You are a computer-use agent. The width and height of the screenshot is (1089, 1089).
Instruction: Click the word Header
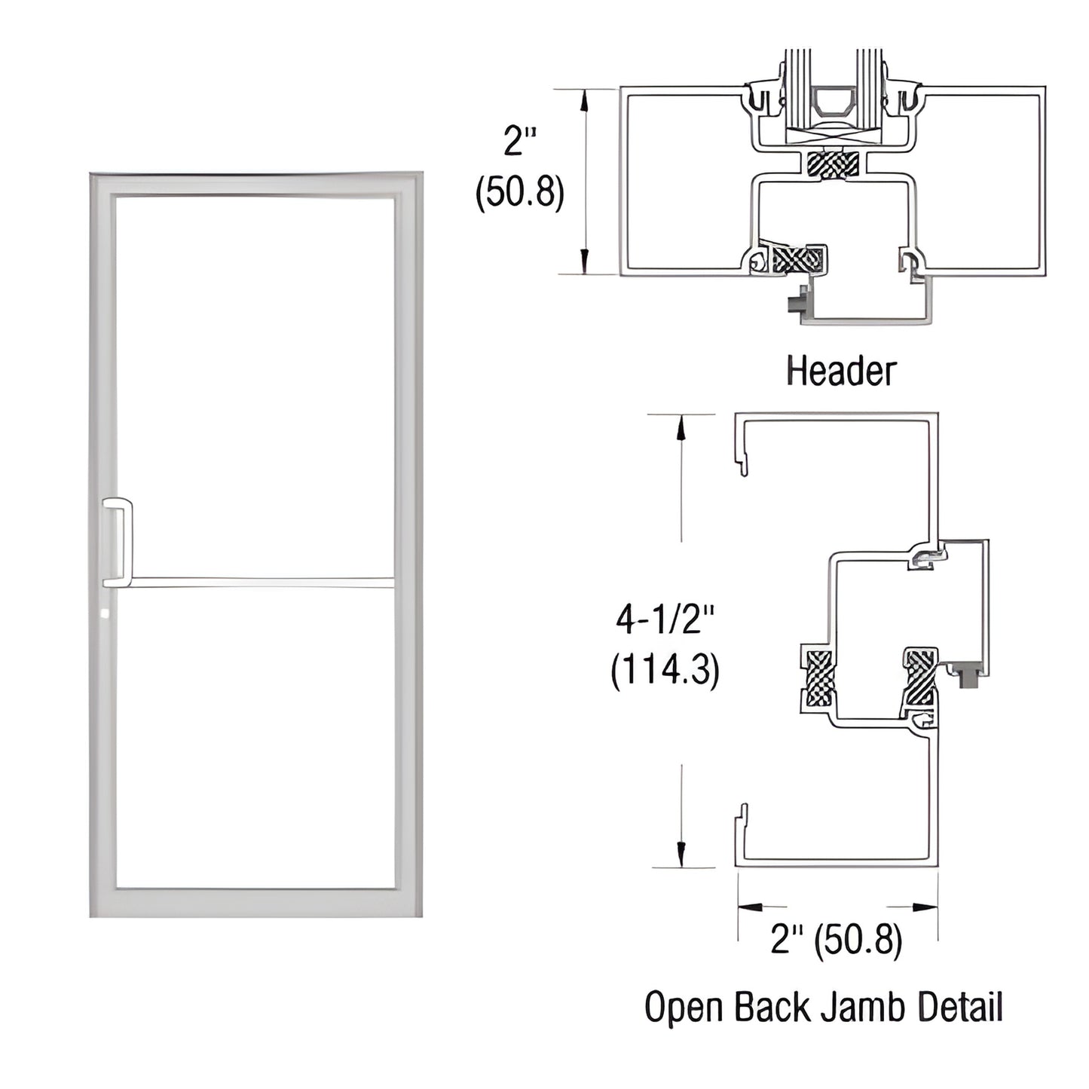click(841, 372)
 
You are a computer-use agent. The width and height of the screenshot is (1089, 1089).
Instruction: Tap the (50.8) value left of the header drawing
click(519, 193)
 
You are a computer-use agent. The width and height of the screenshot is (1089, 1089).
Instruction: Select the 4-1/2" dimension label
click(664, 620)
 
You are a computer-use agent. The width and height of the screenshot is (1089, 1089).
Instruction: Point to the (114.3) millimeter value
click(664, 669)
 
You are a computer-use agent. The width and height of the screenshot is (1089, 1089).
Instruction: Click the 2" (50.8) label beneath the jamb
click(836, 940)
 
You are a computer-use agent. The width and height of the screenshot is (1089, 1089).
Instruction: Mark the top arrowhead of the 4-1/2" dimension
click(681, 427)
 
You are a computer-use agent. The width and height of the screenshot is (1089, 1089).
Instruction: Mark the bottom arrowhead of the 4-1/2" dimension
click(681, 854)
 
